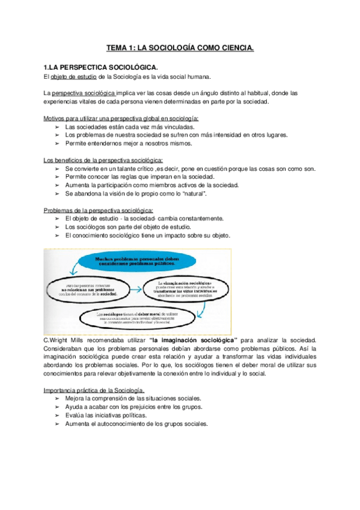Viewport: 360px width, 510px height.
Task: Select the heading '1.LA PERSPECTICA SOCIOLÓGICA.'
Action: pyautogui.click(x=101, y=67)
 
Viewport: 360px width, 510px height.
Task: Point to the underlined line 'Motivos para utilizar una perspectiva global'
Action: pyautogui.click(x=121, y=118)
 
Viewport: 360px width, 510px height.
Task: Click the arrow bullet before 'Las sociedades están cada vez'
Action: pyautogui.click(x=56, y=127)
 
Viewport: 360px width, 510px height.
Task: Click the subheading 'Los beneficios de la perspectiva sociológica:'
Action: pyautogui.click(x=103, y=161)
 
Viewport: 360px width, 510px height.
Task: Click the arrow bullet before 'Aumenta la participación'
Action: pyautogui.click(x=56, y=186)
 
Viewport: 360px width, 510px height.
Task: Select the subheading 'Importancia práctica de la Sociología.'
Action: pyautogui.click(x=94, y=390)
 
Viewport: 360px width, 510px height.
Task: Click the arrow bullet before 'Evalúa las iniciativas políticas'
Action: pyautogui.click(x=56, y=416)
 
